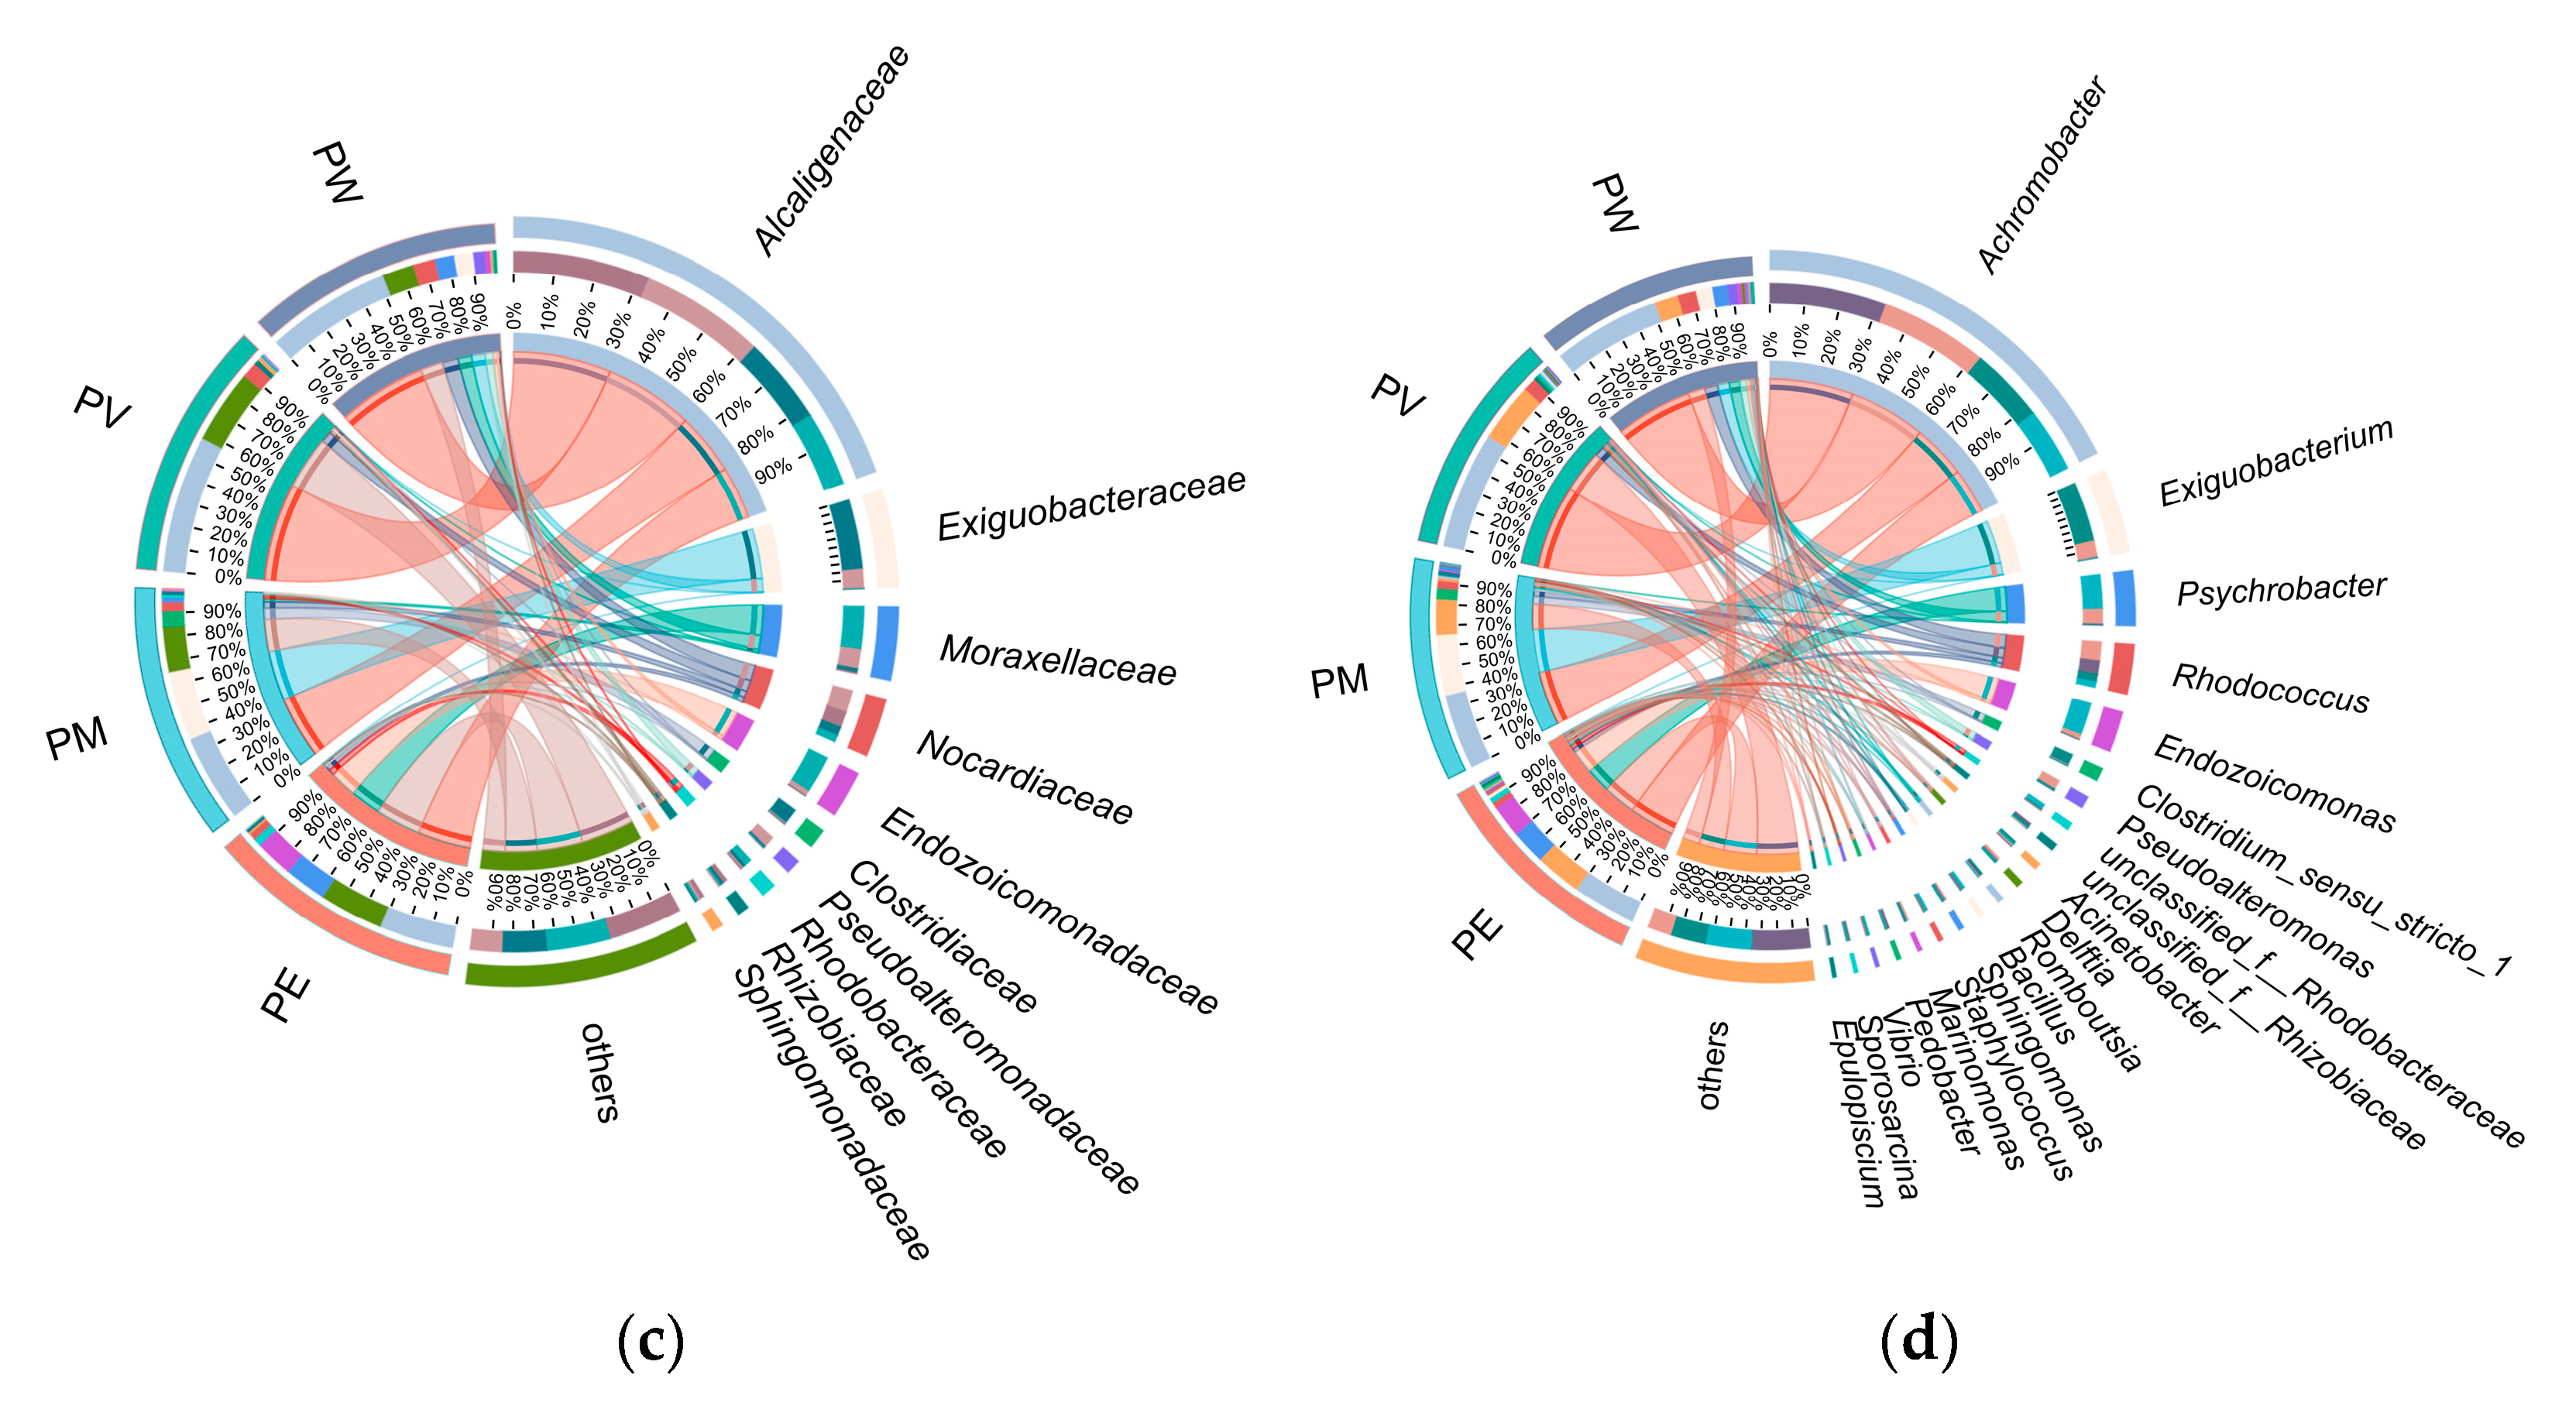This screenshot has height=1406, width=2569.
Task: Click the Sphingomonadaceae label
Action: pos(832,1113)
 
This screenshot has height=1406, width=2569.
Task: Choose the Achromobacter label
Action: pos(2042,173)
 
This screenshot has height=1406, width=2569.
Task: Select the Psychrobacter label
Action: pos(2281,589)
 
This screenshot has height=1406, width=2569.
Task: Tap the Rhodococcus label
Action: pos(2271,688)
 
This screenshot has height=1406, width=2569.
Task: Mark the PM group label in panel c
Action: pos(77,739)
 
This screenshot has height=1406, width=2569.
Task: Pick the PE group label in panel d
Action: pos(1477,932)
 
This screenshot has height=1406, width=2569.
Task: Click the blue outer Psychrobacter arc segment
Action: pos(2124,598)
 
